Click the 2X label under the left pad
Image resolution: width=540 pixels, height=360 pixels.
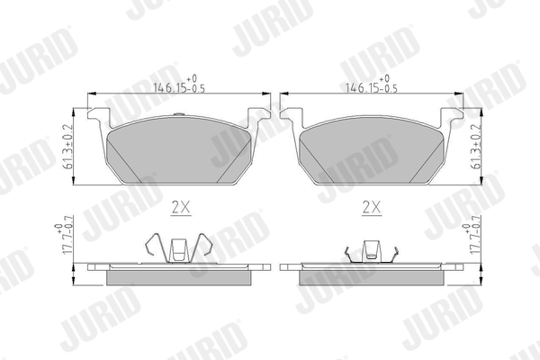coord(180,206)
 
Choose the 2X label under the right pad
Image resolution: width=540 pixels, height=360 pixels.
coord(371,206)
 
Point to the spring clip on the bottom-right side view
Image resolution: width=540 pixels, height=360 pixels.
coord(371,253)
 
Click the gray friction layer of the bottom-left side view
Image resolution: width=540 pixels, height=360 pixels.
coord(180,276)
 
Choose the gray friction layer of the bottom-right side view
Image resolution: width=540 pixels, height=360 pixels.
coord(371,276)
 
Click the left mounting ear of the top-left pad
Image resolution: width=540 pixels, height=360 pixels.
coord(100,118)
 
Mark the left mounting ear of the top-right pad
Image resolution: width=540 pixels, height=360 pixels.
coord(290,118)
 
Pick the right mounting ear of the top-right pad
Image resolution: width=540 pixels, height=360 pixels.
coord(451,118)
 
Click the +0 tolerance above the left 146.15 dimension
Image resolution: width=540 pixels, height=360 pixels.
coord(191,79)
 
